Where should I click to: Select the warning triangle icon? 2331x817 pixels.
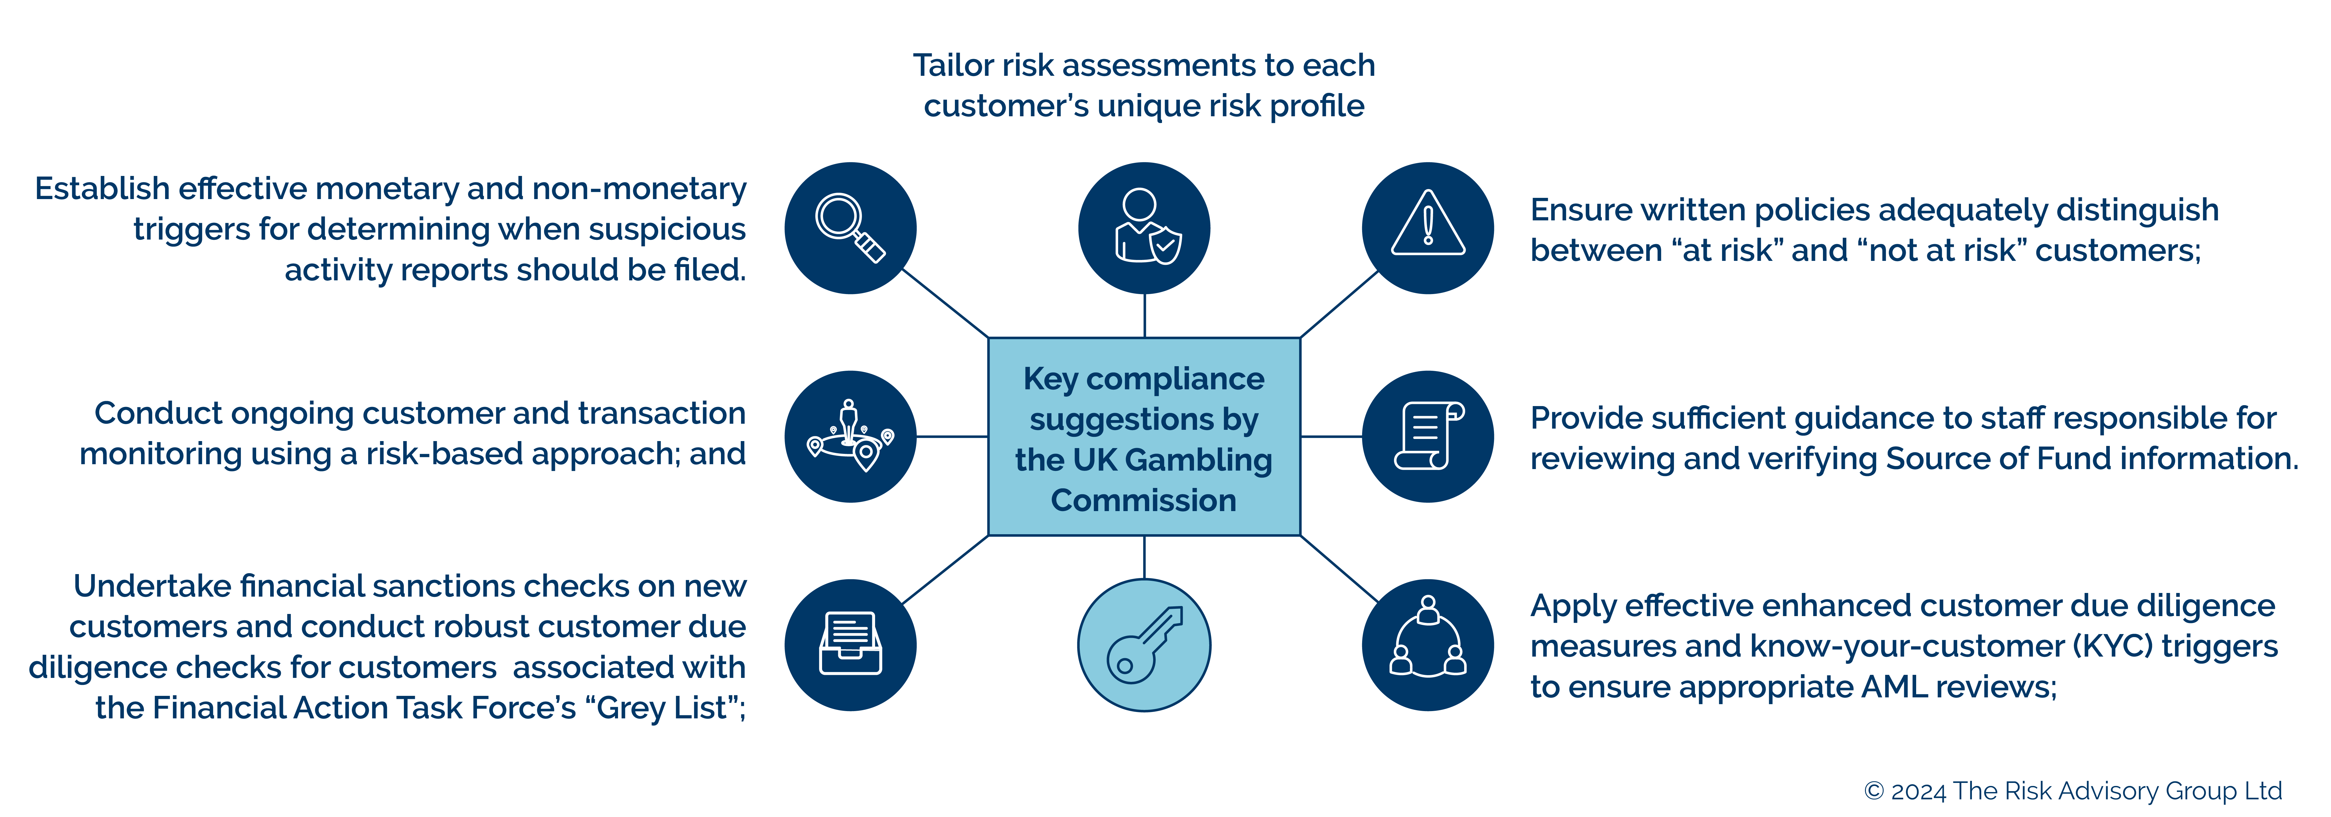1428,228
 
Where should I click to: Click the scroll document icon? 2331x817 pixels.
1428,436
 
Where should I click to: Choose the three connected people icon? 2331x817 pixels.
1428,645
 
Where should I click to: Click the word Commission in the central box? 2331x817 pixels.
1144,500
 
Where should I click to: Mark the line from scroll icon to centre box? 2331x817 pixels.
1331,436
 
